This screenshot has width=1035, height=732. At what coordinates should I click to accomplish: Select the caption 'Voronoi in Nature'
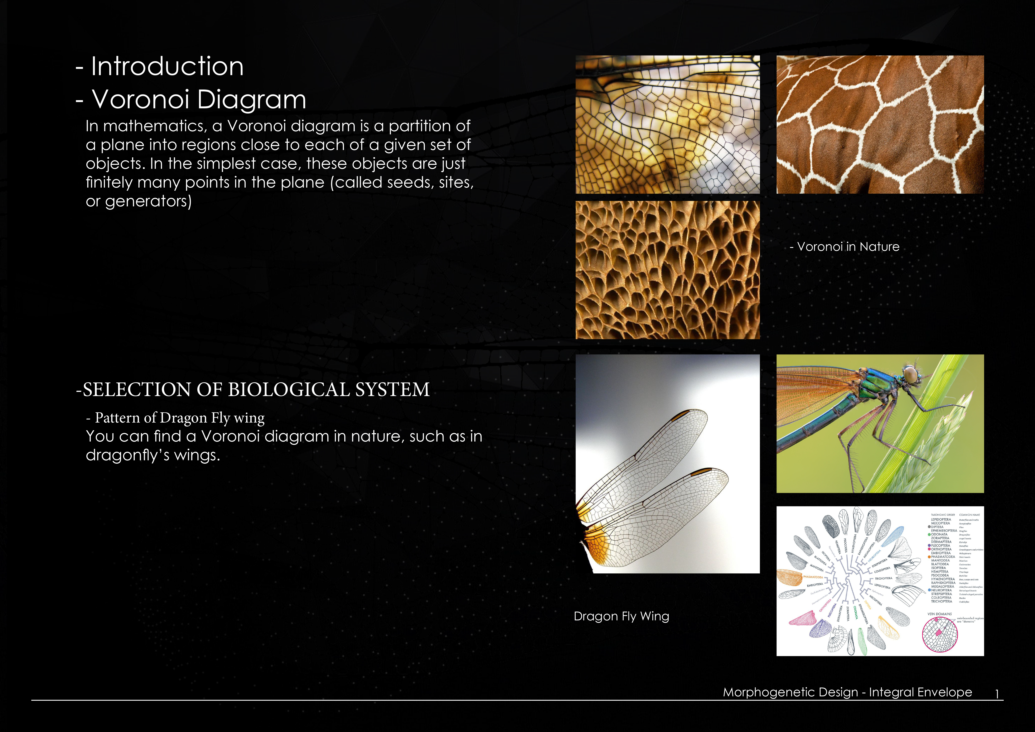pos(847,247)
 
